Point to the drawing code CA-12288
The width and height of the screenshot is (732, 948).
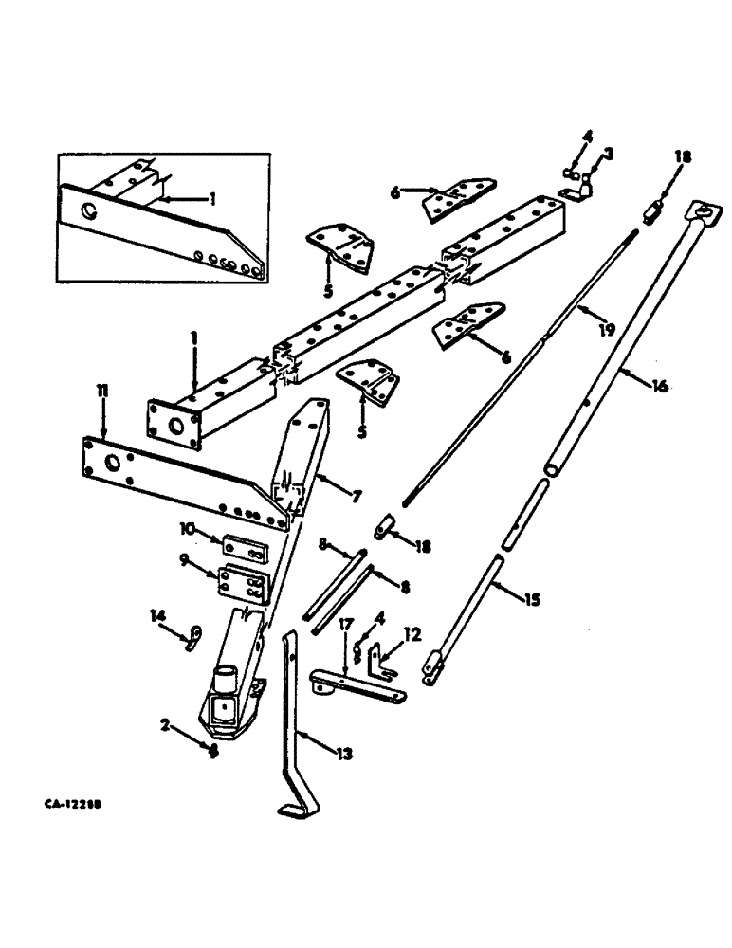(x=72, y=803)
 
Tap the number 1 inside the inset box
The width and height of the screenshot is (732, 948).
(x=213, y=200)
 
